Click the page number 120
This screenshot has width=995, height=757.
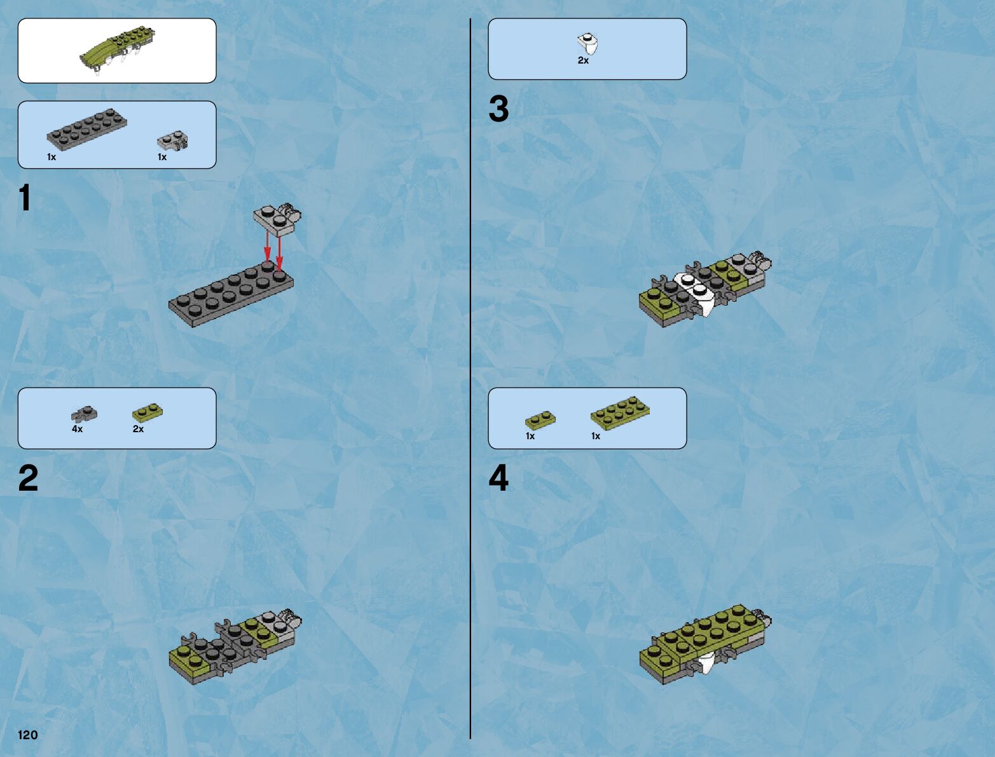tap(27, 735)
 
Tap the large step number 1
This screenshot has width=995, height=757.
tap(25, 198)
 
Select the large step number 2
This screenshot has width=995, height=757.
tap(28, 478)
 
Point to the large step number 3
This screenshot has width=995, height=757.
tap(498, 109)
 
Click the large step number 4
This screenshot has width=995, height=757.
tap(498, 478)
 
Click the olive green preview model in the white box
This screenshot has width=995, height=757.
tap(117, 50)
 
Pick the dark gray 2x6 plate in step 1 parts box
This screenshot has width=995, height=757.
tap(86, 129)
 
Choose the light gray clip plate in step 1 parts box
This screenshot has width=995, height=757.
tap(173, 141)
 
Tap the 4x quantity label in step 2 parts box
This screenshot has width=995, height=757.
tap(77, 429)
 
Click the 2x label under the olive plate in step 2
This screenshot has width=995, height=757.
tap(138, 429)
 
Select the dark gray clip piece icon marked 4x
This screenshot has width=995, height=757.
tap(84, 414)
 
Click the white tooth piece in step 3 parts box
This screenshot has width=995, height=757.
tap(587, 44)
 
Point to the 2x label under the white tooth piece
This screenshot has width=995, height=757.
tap(584, 60)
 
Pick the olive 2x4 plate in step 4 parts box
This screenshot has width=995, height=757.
tap(620, 413)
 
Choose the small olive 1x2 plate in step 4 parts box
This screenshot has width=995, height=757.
tap(540, 420)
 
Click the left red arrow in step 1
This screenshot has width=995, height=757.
tap(268, 247)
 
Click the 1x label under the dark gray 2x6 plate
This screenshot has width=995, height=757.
tap(51, 157)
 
